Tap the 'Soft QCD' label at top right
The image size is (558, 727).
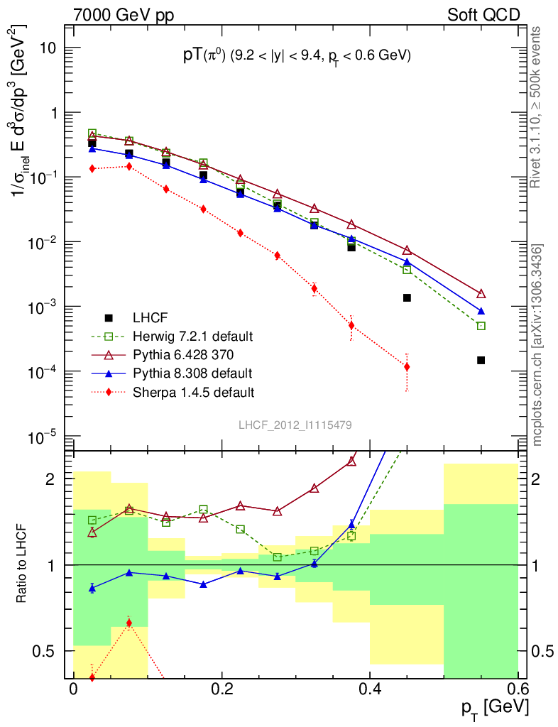[x=483, y=14]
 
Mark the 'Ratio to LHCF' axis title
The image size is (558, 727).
[x=23, y=564]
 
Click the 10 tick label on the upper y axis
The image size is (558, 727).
[x=47, y=48]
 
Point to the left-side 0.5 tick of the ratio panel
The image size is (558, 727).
[x=48, y=651]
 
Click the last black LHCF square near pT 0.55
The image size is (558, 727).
[x=481, y=360]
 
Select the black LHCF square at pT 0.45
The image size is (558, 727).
[x=407, y=297]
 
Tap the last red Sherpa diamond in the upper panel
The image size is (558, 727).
[x=407, y=367]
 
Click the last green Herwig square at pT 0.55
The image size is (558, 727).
[x=481, y=326]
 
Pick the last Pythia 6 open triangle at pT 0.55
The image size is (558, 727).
[x=481, y=294]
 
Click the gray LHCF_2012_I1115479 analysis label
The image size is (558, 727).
[x=295, y=425]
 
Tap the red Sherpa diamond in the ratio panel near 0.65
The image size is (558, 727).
[x=128, y=623]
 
